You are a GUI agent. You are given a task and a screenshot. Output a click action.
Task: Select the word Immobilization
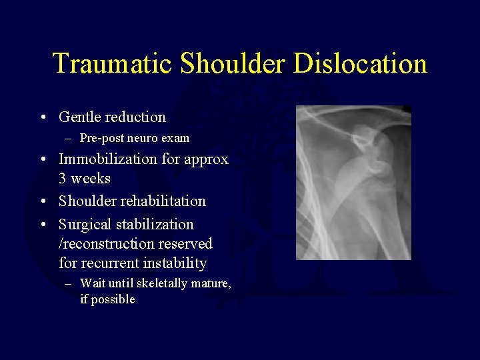[110, 159]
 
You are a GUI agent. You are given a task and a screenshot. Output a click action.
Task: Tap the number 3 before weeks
[63, 179]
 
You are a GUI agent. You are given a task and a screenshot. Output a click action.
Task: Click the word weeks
[91, 179]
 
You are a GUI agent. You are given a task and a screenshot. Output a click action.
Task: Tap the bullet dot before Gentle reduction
[43, 118]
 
